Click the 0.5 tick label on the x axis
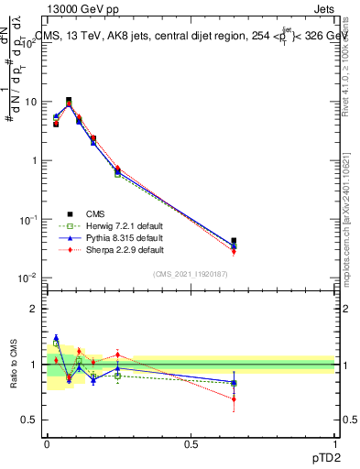(191, 443)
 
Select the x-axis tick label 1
(335, 443)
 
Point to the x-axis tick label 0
(47, 443)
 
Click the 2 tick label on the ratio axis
(34, 310)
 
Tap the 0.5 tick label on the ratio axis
(31, 420)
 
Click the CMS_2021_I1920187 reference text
(191, 274)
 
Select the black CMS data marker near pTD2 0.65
(234, 241)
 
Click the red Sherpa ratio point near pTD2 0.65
(234, 398)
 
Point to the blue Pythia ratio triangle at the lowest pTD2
(56, 338)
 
